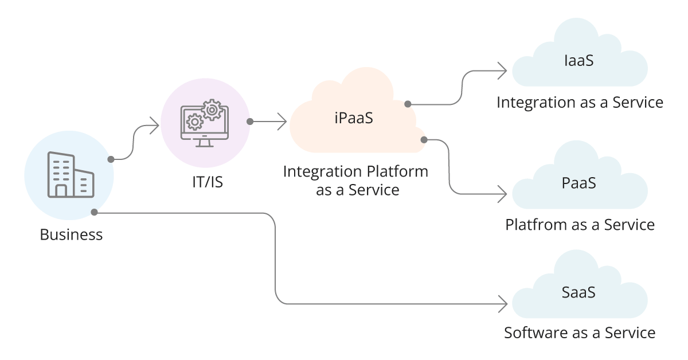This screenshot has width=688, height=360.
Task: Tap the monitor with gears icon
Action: coord(205,123)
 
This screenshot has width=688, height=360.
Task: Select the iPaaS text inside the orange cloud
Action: coord(354,119)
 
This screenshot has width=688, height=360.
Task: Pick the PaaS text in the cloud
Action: coord(579,183)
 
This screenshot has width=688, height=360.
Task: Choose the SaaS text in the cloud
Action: coord(578,292)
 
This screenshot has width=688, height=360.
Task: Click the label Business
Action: coord(71,234)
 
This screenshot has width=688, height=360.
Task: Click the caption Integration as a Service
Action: coord(580,103)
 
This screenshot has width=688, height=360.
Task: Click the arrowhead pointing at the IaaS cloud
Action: coord(503,71)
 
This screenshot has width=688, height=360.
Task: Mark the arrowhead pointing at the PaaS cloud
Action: coord(503,194)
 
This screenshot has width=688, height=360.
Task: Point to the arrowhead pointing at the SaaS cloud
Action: coord(504,303)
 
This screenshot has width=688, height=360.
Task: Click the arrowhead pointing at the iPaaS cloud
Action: coord(282,122)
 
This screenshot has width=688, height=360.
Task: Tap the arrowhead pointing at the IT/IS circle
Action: coord(154,126)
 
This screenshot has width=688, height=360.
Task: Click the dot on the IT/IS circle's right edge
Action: coord(249,122)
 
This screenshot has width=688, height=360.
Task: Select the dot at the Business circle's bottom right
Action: coord(95,213)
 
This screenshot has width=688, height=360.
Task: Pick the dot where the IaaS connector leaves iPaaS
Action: coord(408,104)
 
